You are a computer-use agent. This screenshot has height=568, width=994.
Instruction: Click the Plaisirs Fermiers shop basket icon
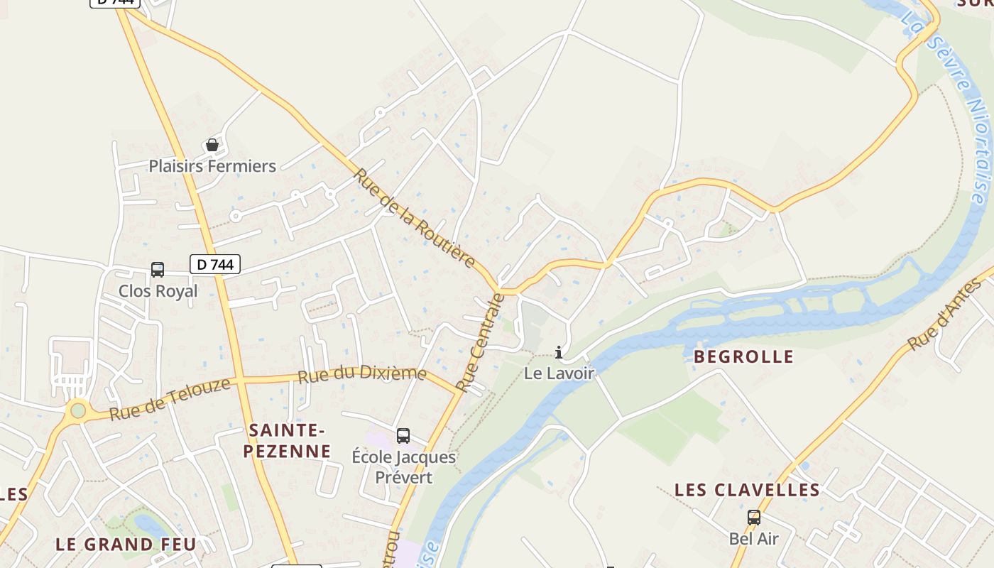coord(212,146)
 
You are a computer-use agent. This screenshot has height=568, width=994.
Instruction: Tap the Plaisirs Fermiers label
coord(212,166)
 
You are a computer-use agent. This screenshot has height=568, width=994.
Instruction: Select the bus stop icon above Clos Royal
coord(158,270)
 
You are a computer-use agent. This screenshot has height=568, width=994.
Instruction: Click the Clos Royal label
coord(158,290)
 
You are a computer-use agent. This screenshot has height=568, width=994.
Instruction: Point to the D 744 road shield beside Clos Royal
coord(215,265)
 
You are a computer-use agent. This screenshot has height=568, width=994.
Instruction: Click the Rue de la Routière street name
coord(415,218)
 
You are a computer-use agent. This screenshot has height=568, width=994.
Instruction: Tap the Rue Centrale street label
coord(481,343)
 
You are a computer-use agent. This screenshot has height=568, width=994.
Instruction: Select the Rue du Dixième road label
coord(362,374)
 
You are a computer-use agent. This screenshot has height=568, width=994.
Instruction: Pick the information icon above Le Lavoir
coord(559,352)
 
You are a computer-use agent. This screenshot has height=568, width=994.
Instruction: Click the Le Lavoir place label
coord(559,373)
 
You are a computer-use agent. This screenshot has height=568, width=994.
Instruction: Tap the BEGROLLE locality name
coord(743,356)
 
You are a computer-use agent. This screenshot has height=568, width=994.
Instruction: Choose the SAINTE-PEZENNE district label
coord(288,440)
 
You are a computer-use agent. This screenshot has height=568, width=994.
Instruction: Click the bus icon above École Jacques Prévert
coord(403,436)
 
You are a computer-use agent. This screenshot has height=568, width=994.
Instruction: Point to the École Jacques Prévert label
coord(403,466)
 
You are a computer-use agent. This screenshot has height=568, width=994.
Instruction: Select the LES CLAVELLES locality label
coord(747,490)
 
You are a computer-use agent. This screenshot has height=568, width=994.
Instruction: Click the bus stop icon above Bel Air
coord(754,518)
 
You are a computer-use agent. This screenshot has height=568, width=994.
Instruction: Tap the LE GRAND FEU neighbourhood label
coord(126,545)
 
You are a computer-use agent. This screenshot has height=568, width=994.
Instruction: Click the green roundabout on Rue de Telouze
coord(78,410)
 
